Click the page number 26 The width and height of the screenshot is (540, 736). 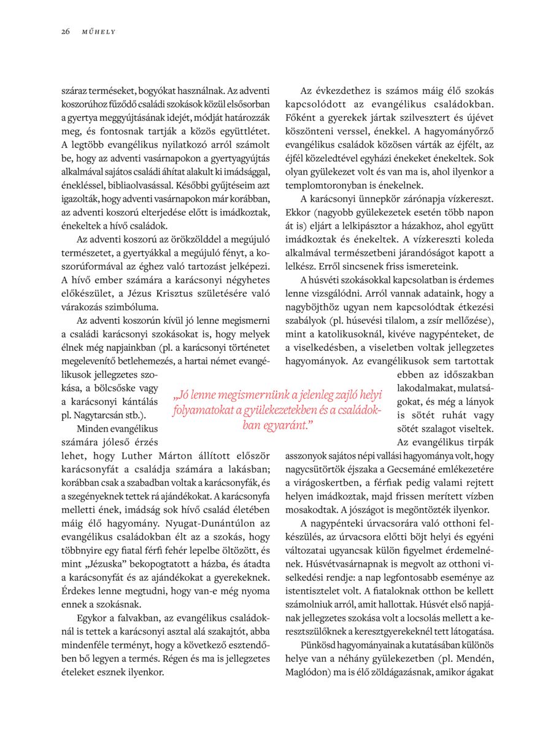65,31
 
